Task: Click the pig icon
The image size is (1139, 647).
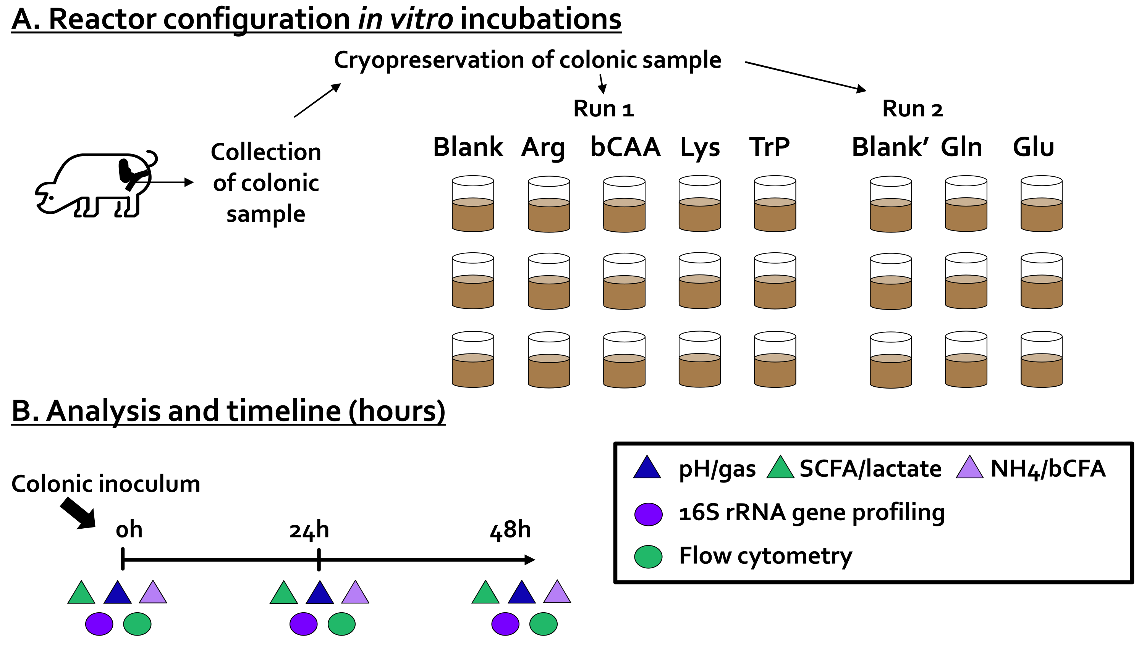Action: pyautogui.click(x=95, y=185)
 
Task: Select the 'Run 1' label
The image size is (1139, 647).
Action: pyautogui.click(x=603, y=109)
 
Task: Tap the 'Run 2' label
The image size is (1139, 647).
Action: pyautogui.click(x=912, y=109)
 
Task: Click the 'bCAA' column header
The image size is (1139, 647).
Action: pyautogui.click(x=625, y=147)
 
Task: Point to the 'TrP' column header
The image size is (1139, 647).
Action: pyautogui.click(x=769, y=147)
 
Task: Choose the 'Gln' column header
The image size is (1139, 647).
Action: pyautogui.click(x=961, y=147)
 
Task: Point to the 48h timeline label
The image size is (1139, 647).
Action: pyautogui.click(x=510, y=530)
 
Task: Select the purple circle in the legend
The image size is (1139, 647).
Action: pyautogui.click(x=648, y=514)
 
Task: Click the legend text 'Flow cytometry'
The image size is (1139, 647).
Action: pyautogui.click(x=765, y=556)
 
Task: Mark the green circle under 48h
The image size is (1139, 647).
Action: pyautogui.click(x=543, y=624)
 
